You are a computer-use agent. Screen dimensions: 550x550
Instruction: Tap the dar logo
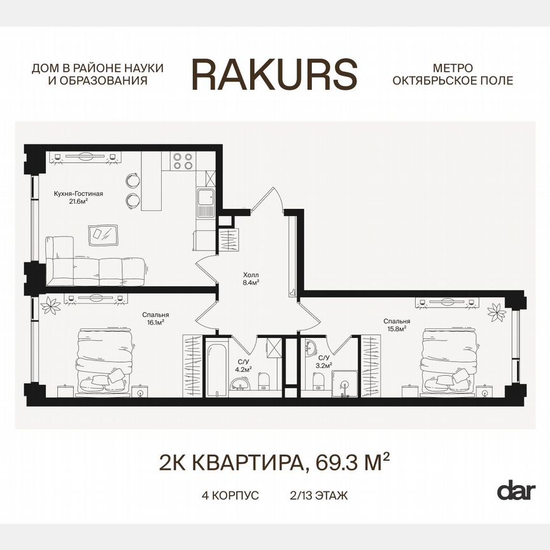516,490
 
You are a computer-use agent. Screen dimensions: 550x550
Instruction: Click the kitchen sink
206,204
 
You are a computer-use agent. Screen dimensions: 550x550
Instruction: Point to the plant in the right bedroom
497,312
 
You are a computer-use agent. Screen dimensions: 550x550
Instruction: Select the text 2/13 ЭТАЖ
318,495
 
